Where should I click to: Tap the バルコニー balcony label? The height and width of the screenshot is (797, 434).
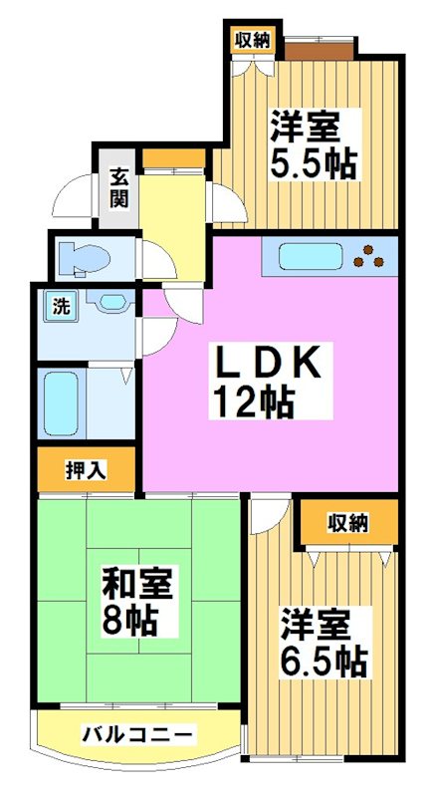137,736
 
